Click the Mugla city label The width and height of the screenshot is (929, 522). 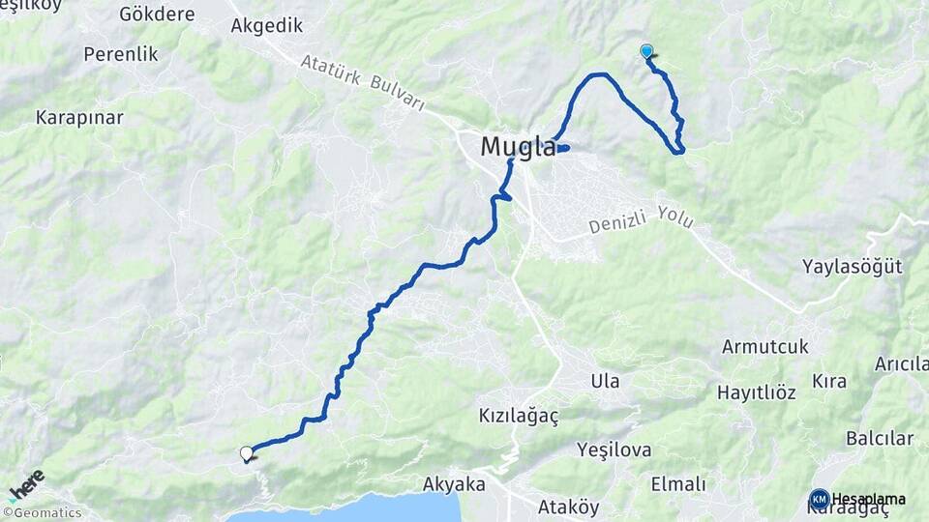point(519,148)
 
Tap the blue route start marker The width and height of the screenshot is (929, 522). point(646,52)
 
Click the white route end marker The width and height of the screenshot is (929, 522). point(247,452)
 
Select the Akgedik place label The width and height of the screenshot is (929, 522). point(267,26)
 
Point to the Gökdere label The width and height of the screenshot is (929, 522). point(157,14)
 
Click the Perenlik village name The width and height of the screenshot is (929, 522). point(121,54)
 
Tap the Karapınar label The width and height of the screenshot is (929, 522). point(79,118)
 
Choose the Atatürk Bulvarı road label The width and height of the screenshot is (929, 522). point(362,83)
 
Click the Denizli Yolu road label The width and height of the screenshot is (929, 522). point(642,222)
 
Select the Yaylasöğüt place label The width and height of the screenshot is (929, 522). point(853,267)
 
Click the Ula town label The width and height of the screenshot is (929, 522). point(605,381)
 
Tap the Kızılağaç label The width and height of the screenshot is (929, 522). point(519,415)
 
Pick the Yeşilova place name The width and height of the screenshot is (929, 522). point(614,449)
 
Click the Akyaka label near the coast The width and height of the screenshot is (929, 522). point(454,483)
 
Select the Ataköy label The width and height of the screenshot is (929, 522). point(568,507)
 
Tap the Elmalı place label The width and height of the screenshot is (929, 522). point(678,483)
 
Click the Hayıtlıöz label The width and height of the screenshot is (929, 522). point(756,392)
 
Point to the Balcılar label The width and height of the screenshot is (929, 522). point(879,438)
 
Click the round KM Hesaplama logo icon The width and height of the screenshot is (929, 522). point(820,500)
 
